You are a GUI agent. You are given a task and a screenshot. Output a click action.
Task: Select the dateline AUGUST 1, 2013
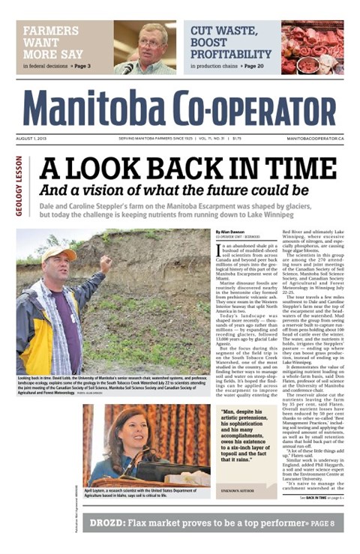(34, 139)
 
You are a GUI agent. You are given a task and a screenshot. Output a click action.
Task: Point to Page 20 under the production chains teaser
(252, 67)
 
